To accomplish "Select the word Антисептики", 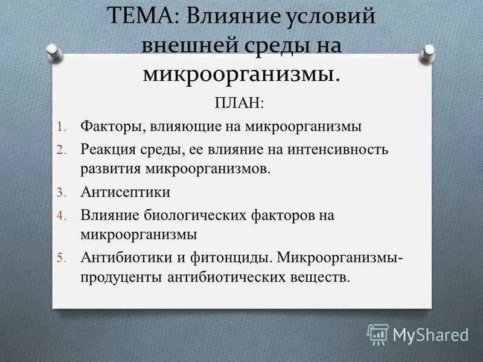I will [125, 192].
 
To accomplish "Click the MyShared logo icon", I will [378, 333].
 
